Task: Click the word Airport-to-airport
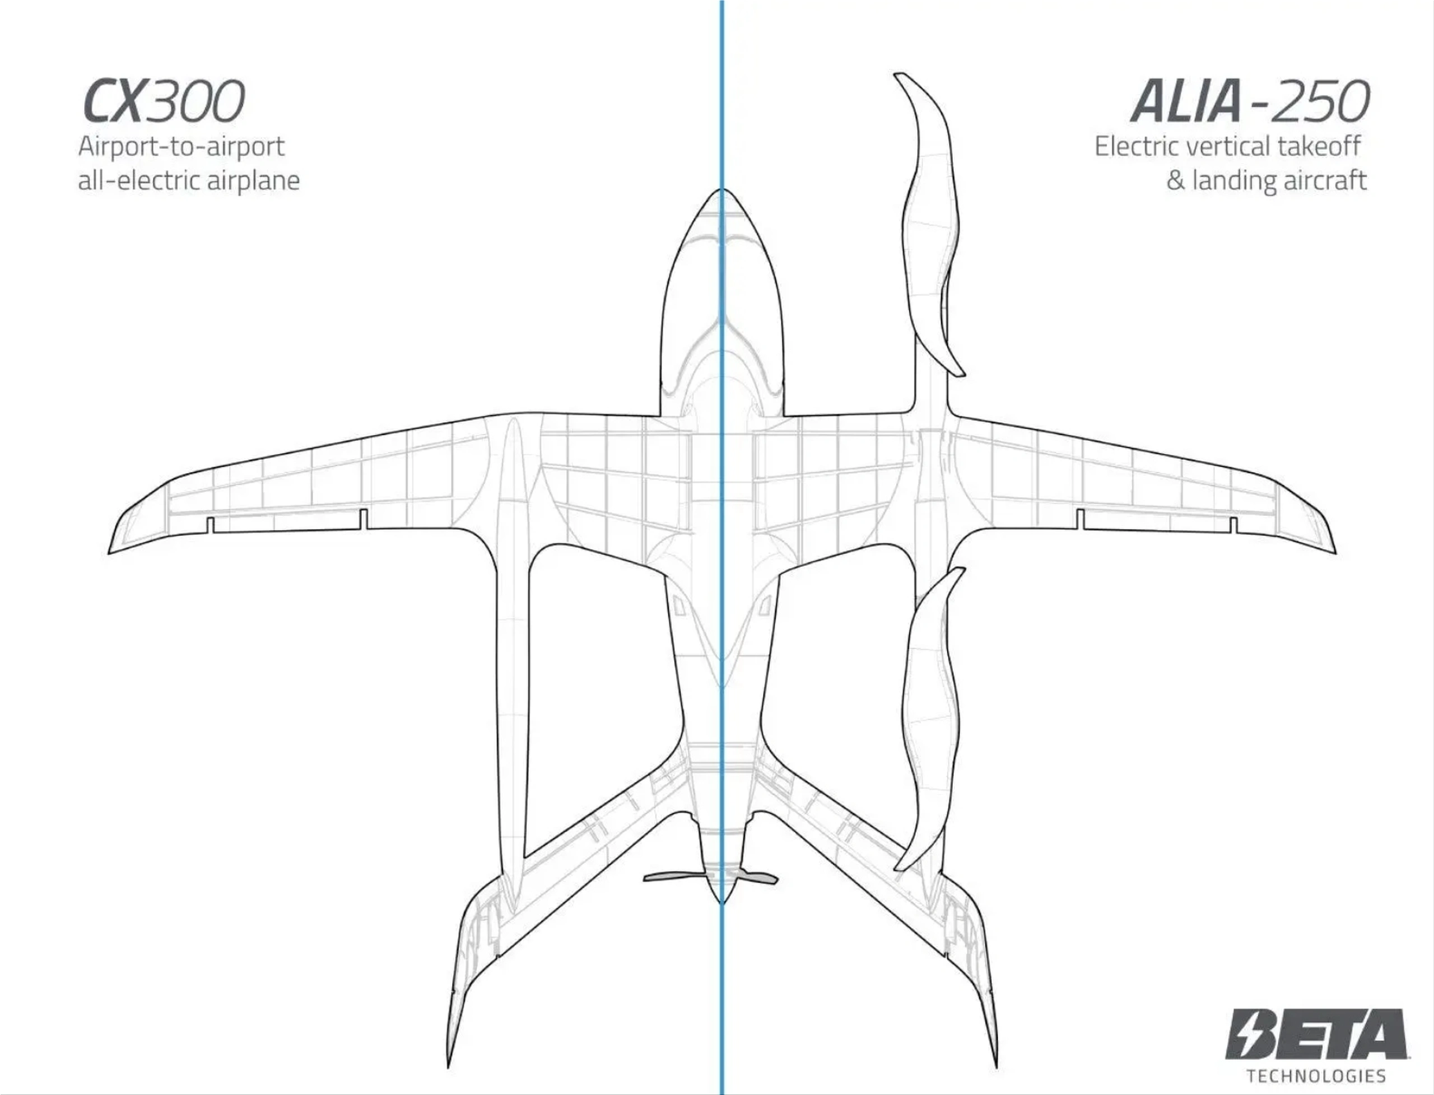(181, 147)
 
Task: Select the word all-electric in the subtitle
(139, 180)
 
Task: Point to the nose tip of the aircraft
(721, 190)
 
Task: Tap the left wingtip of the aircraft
(109, 553)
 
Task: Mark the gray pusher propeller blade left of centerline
(674, 877)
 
